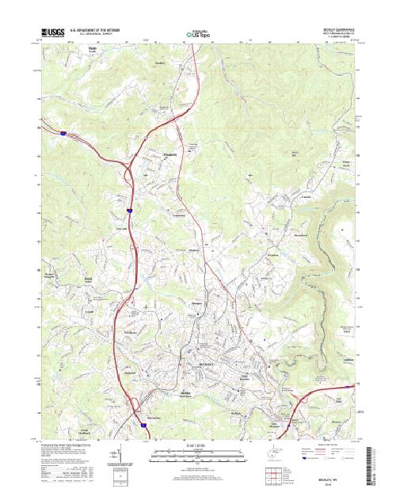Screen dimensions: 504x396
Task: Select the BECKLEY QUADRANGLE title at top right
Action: (337, 29)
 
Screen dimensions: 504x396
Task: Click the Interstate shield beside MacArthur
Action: (143, 425)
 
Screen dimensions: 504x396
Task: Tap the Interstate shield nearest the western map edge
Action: (62, 135)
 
